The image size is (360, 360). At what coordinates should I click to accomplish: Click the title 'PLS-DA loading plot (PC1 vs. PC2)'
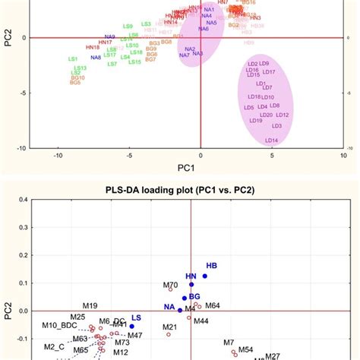[x=201, y=186]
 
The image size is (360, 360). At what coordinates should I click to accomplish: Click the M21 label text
[x=170, y=327]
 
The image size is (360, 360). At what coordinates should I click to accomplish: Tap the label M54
[x=245, y=349]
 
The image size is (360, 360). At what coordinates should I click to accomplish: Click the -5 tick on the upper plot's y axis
[x=25, y=93]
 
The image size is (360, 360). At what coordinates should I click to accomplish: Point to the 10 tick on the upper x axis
[x=344, y=156]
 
